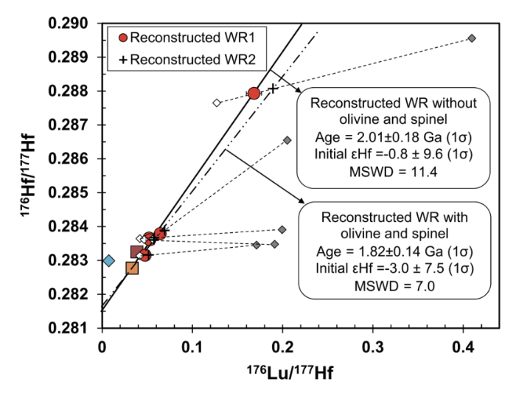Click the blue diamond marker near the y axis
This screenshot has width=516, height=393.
(x=108, y=260)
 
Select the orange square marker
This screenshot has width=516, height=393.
(x=132, y=268)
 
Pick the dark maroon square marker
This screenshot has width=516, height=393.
(x=136, y=252)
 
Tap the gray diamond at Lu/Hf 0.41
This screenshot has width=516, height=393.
(x=472, y=38)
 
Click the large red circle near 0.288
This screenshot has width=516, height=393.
(x=254, y=93)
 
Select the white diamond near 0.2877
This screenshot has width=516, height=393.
(x=217, y=102)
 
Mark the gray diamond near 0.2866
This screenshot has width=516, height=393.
(x=287, y=140)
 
